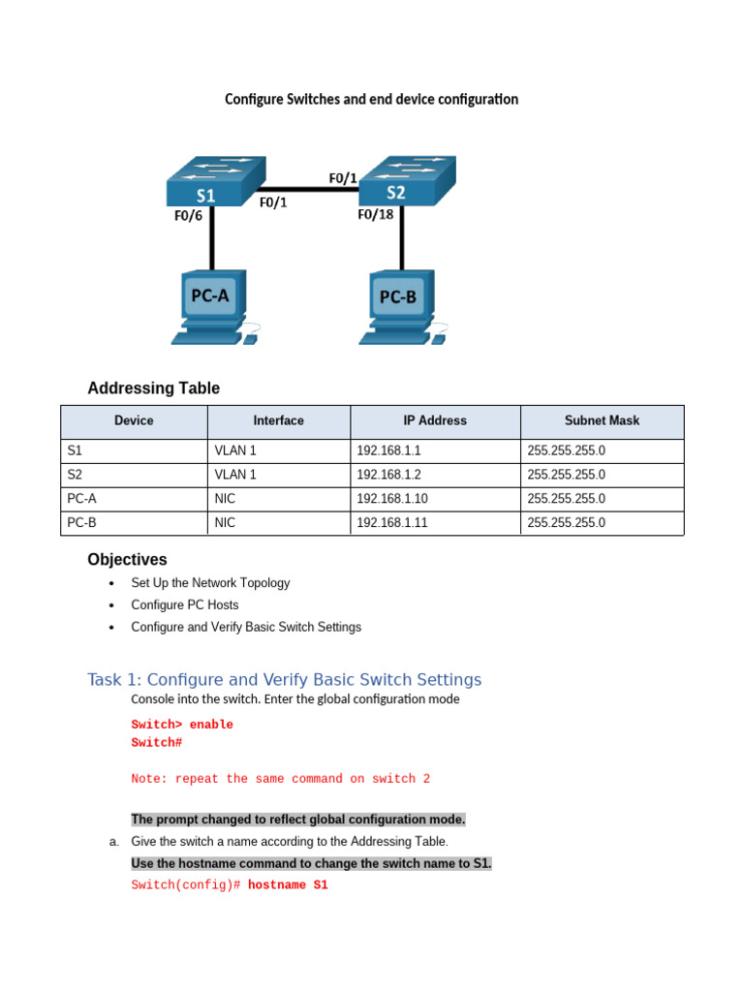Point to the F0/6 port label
pos(189,216)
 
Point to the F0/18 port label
pos(376,214)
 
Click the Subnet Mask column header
pos(602,420)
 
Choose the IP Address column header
pos(435,420)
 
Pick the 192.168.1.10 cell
pos(389,498)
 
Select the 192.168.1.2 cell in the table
pos(386,475)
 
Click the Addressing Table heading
pos(153,388)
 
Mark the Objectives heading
pos(127,560)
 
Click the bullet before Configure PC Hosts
pos(112,605)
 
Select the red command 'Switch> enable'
pos(182,725)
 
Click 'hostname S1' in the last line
pos(288,884)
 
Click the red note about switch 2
pos(280,779)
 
